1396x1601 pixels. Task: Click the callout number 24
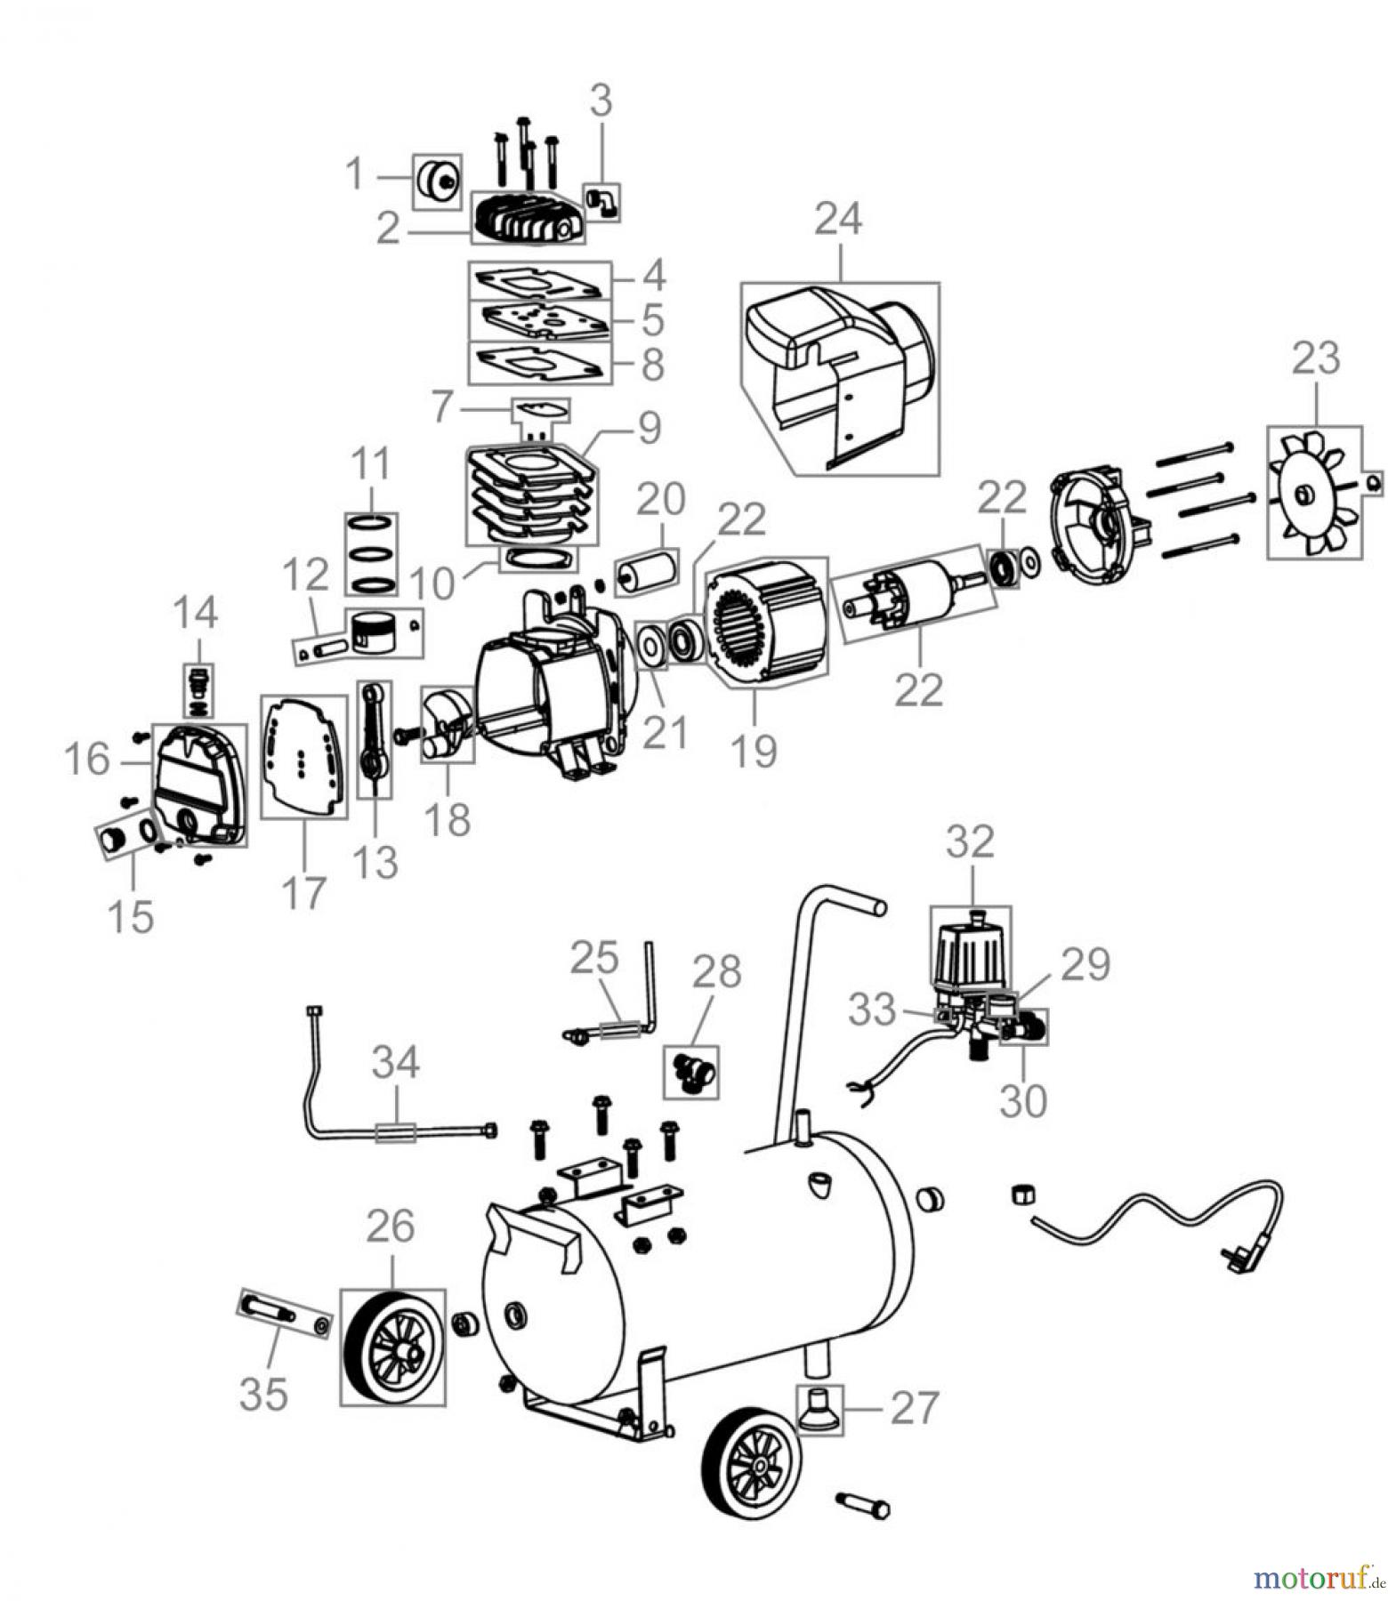tap(837, 220)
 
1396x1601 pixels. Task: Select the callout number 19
tap(753, 749)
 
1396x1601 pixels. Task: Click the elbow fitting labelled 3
tap(601, 203)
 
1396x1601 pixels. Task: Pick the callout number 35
tap(262, 1393)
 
